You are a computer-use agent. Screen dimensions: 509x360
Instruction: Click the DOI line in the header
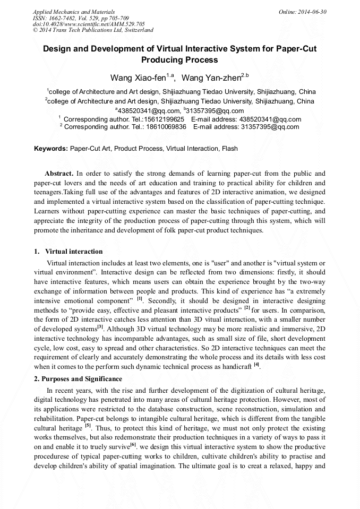[89, 24]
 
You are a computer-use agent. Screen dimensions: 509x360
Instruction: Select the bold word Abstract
[58, 174]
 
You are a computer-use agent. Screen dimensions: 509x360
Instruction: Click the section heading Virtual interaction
[74, 251]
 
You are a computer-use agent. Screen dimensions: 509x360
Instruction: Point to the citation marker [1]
[140, 299]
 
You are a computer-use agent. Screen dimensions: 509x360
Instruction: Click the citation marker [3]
[100, 327]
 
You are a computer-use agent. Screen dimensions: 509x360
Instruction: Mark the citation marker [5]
[88, 426]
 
